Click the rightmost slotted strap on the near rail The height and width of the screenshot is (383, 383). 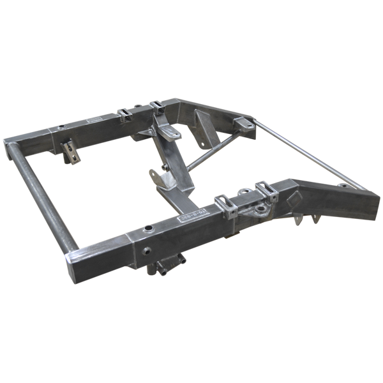264,189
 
